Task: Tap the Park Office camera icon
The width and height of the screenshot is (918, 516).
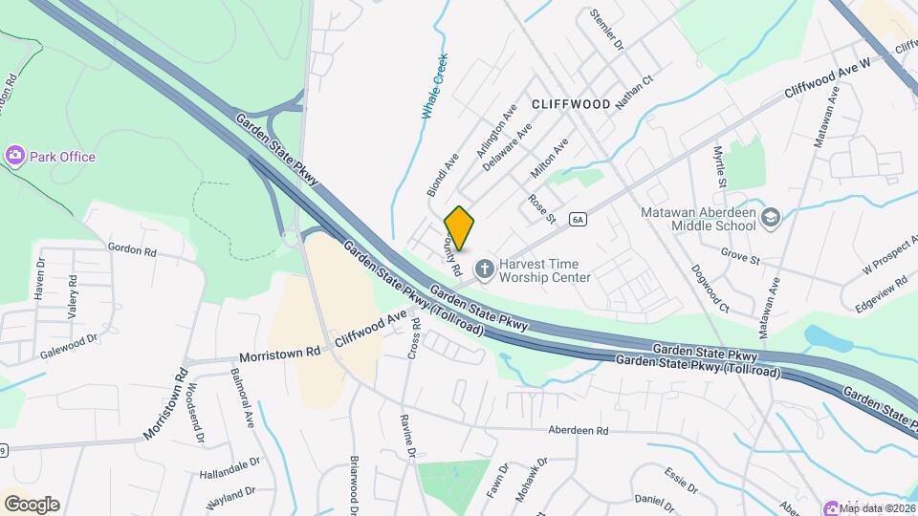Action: coord(14,156)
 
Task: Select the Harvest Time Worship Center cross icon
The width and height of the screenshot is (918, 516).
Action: coord(485,269)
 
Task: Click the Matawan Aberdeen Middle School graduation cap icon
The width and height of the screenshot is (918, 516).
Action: coord(772,218)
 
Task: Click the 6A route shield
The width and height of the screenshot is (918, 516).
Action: coord(577,220)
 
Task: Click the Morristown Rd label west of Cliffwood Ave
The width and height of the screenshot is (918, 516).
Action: coord(280,353)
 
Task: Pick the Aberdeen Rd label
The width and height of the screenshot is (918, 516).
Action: coord(579,431)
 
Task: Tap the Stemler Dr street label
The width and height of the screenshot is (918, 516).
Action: coord(607,30)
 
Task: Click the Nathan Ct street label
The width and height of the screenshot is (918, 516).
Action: coord(633,94)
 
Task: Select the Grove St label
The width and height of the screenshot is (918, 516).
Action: coord(740,259)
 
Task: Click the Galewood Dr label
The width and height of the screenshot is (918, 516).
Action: coord(69,345)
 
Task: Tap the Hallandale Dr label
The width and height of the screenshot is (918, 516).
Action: coord(229,467)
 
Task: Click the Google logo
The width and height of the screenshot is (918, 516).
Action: coord(32,504)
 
